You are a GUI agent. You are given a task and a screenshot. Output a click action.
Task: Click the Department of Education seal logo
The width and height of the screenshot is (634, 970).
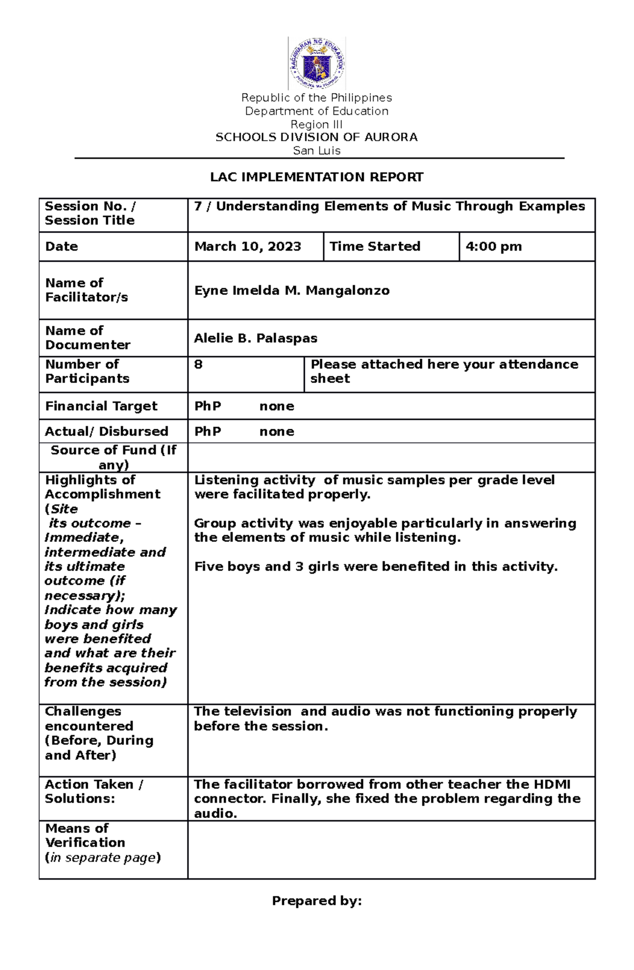coord(316,63)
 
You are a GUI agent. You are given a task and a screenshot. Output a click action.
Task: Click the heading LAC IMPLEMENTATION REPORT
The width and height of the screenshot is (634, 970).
coord(316,177)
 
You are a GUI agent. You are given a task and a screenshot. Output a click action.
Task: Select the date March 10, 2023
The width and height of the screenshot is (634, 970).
coord(247,246)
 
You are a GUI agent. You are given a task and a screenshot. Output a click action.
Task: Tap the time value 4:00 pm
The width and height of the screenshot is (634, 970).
coord(493,246)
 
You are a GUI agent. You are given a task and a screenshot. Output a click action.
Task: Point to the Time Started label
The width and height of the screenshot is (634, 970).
coord(375,246)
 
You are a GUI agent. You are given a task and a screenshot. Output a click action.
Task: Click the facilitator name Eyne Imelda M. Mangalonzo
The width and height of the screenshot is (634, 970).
coord(292,290)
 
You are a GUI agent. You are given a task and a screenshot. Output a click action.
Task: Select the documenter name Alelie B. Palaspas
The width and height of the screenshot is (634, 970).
coord(255,338)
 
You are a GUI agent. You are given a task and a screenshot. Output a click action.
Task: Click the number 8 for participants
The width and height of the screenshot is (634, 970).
coord(198,364)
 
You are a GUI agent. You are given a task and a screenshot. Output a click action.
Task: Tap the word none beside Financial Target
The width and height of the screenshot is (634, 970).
coord(276,406)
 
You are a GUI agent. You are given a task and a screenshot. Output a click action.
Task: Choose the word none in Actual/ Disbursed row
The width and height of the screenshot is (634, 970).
coord(276,431)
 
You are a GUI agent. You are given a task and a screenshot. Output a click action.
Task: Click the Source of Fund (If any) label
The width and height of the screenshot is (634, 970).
coord(113,457)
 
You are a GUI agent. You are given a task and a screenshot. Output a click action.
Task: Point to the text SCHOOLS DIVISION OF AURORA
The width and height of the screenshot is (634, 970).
coord(316,137)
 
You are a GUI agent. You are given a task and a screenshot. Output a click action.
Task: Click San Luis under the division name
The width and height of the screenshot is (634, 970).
coord(316,151)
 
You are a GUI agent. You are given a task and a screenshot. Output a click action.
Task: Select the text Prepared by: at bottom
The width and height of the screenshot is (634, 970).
coord(316,901)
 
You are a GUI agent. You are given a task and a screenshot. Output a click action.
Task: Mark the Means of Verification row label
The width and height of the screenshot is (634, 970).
coord(85,836)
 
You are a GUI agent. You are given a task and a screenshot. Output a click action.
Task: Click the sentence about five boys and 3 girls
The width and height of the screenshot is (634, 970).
coord(376,567)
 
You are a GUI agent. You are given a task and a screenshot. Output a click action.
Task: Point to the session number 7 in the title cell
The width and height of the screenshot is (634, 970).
coord(198,206)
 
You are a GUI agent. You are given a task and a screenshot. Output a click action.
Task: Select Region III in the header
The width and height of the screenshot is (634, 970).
coord(316,125)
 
